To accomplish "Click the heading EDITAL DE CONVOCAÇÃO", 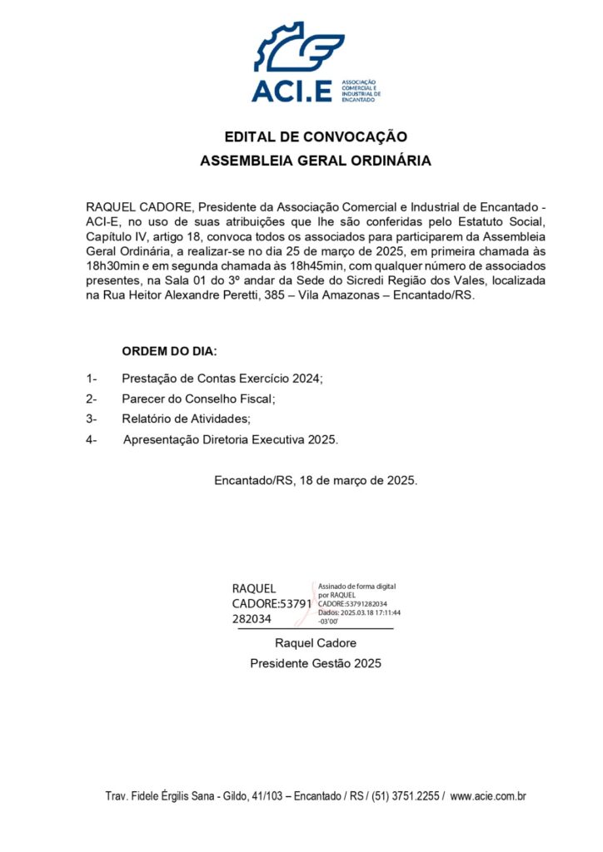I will coord(316,136).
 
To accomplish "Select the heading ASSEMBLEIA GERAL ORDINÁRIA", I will coord(316,161).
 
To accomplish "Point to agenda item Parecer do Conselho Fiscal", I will coord(198,399).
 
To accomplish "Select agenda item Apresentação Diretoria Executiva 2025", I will coord(231,439).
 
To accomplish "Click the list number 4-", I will coord(92,439).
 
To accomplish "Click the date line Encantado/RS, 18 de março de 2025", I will coord(316,481).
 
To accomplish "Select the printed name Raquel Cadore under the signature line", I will coord(316,643).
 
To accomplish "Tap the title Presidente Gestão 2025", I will coord(316,663).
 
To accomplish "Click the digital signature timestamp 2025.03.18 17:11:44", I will coord(370,612).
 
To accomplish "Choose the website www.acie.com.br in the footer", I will coord(488,796).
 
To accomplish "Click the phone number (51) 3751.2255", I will coord(405,796).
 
